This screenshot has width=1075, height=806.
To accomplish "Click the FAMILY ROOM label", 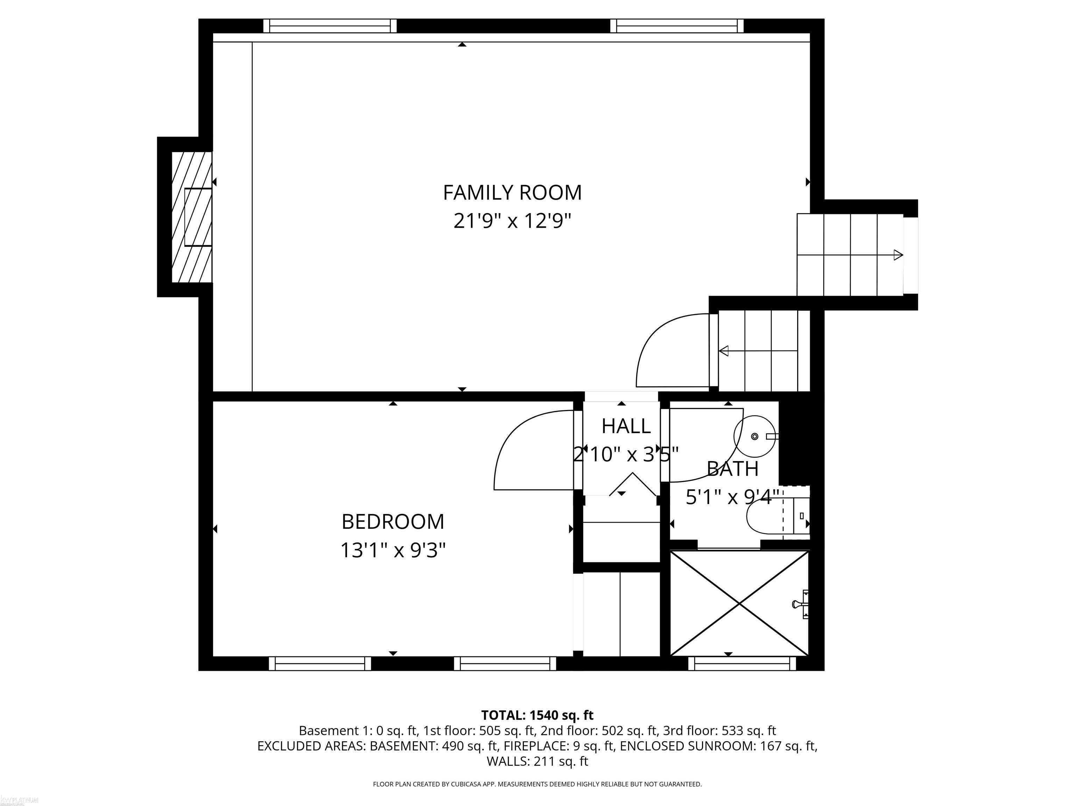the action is (512, 193).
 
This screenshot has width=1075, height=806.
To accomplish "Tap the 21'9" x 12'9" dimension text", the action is (512, 221).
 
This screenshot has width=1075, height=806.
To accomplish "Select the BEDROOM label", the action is (393, 522).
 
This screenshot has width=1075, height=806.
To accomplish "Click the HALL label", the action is (626, 426).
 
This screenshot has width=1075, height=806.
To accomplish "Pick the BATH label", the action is (732, 469).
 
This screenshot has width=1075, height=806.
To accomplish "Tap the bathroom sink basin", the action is (755, 436).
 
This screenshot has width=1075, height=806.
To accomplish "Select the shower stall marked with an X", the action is (739, 603).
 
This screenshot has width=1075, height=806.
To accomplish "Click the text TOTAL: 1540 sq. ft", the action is (537, 715).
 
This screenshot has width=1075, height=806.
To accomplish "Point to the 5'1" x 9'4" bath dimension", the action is (732, 497).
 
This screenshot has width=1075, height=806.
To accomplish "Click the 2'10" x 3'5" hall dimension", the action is (626, 455).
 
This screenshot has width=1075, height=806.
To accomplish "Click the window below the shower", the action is (742, 664).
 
